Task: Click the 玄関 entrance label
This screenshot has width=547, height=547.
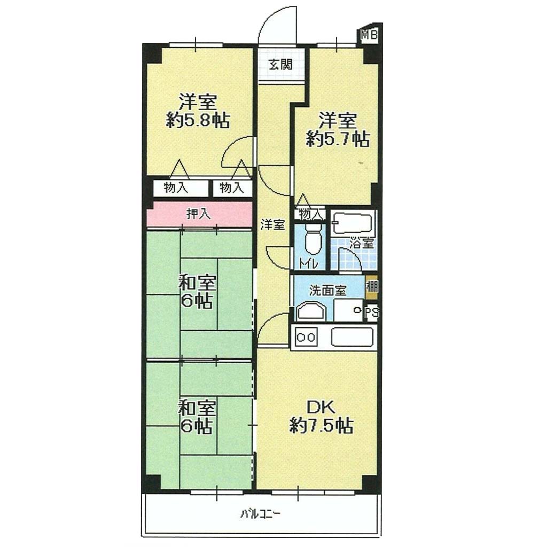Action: coord(280,65)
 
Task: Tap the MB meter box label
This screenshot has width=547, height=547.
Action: coord(369,35)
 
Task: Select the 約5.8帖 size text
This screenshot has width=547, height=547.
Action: coord(198,121)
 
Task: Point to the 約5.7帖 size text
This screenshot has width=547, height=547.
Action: coord(338,139)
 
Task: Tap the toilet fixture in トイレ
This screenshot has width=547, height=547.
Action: coord(310,241)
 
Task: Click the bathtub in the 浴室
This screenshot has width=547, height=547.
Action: coord(352,223)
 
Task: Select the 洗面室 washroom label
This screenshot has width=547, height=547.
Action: coord(327,291)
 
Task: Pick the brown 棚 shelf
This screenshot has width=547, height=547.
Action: coord(371,287)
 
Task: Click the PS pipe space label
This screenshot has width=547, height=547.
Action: coord(372,312)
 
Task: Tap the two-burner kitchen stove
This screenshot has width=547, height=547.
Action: coord(306,337)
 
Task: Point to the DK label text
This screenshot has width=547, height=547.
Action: coord(321,407)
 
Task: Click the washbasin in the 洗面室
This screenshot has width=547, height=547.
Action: coord(311,311)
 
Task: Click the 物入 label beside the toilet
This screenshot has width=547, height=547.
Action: coord(310,214)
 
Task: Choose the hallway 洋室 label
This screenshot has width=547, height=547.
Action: coord(272,225)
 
